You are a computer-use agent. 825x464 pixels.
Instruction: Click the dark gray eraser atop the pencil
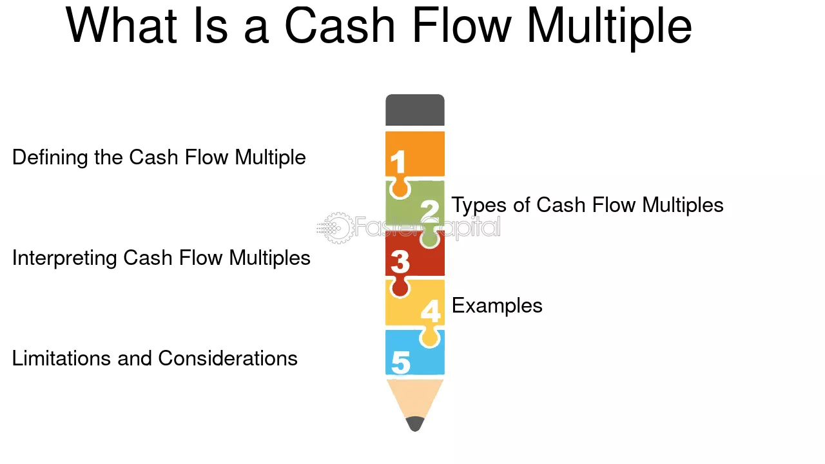[414, 110]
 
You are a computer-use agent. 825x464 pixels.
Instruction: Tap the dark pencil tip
[414, 424]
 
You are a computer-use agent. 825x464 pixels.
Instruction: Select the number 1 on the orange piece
[398, 162]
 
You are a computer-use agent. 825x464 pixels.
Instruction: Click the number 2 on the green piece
[430, 211]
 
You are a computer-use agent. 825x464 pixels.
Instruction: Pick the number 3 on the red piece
[400, 262]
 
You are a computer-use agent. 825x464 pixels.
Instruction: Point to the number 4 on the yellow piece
[431, 311]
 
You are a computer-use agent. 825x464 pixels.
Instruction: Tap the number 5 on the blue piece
[401, 362]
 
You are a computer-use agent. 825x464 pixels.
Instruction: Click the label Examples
[497, 305]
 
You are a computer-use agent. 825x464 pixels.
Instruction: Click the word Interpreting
[64, 258]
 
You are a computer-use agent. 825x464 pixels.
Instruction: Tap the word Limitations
[61, 358]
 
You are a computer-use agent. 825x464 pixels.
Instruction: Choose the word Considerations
[228, 358]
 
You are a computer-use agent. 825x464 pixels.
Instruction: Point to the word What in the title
[121, 25]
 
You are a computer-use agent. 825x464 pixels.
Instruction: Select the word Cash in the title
[340, 25]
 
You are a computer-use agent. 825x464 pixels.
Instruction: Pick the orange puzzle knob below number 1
[400, 188]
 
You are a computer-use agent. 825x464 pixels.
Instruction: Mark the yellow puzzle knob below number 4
[430, 336]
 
